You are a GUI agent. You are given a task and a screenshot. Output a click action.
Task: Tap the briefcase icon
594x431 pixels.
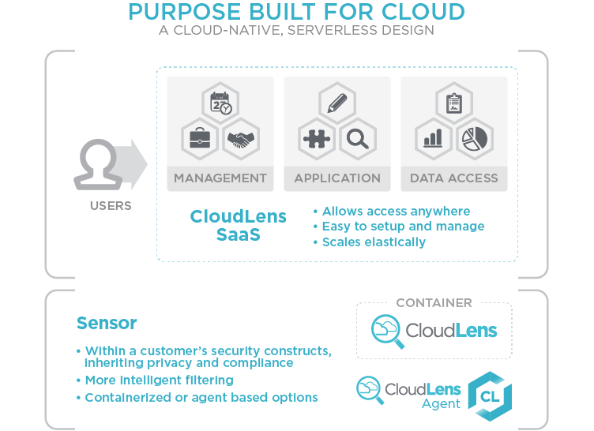[x=200, y=139]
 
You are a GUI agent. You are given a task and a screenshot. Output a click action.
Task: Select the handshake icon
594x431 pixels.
[x=241, y=140]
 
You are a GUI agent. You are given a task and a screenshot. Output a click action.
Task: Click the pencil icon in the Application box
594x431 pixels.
[x=337, y=103]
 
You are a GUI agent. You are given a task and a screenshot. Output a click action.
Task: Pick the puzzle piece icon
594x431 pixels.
[x=317, y=139]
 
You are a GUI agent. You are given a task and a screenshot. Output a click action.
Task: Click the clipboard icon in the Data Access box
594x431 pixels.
[x=453, y=103]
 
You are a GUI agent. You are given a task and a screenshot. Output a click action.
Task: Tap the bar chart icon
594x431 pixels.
[x=433, y=139]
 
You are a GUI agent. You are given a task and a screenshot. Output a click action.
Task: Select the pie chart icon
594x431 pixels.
[x=475, y=138]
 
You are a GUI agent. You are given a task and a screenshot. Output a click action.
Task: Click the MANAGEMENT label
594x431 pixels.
[x=220, y=178]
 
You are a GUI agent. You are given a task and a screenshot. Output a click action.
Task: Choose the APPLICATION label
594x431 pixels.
[x=337, y=178]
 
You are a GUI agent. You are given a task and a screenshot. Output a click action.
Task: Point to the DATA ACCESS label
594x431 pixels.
[x=453, y=178]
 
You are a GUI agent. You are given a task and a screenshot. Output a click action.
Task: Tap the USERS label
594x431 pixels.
[x=110, y=207]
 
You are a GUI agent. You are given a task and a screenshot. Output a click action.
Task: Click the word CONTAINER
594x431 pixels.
[x=434, y=302]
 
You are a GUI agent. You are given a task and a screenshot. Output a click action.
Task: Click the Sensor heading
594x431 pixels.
[x=107, y=324]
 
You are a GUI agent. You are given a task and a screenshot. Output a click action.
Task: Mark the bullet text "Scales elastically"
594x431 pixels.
[x=374, y=242]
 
